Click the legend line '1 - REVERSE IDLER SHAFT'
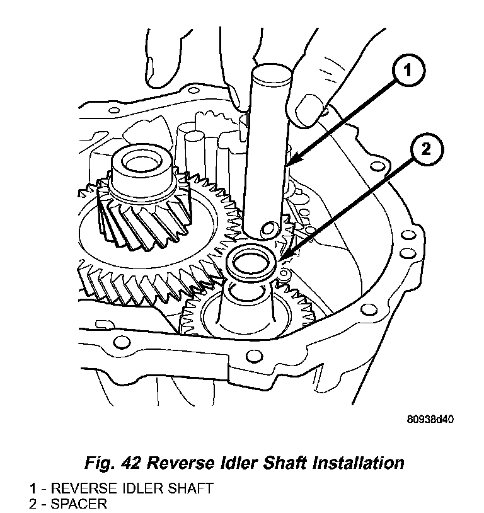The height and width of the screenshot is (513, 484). coord(120,488)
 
